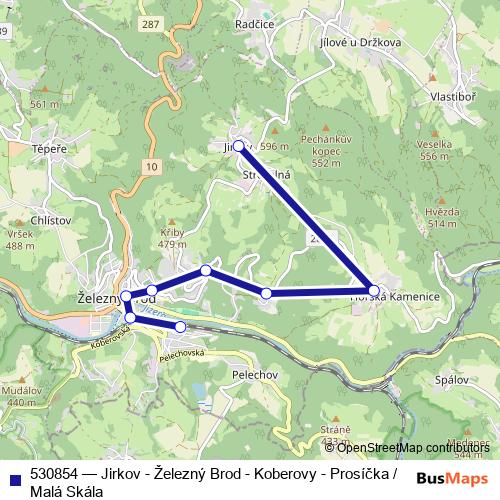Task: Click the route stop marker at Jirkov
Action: coord(238,145)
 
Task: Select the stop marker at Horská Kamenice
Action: coord(374,291)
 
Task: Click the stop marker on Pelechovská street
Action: coord(180,327)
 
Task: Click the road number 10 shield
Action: coord(150,165)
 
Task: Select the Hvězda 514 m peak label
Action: coord(441,217)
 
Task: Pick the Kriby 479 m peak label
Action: coord(173,237)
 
